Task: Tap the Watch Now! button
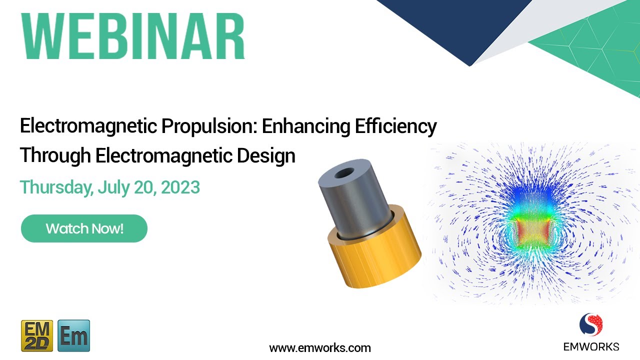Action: click(84, 228)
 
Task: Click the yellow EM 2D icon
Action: click(37, 335)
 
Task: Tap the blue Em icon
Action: click(74, 335)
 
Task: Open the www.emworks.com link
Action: click(320, 347)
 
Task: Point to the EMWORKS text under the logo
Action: click(591, 346)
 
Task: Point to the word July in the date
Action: click(112, 187)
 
